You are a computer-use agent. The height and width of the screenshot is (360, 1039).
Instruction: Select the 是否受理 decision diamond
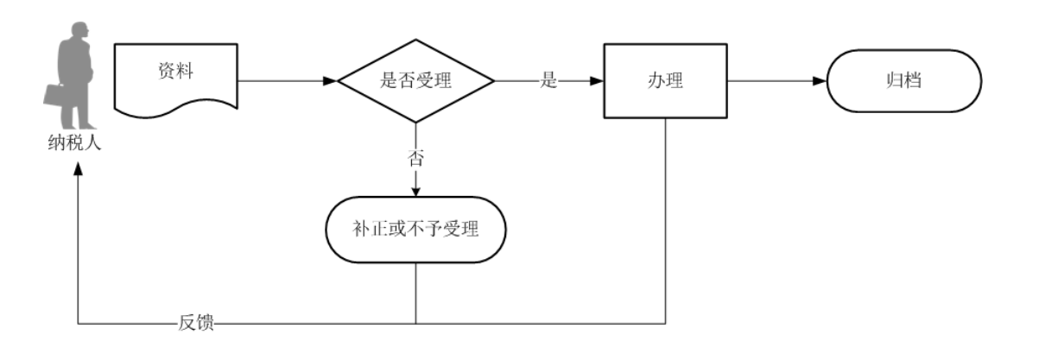[x=415, y=83]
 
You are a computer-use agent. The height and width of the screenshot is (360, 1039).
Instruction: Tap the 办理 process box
[x=666, y=83]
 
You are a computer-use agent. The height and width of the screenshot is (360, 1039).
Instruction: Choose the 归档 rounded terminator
[x=903, y=83]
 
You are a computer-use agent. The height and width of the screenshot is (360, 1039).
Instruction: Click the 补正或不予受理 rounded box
[x=415, y=232]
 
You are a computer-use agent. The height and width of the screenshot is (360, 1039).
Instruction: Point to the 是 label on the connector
[x=548, y=83]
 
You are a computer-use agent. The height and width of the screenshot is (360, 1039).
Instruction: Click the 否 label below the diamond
[x=415, y=158]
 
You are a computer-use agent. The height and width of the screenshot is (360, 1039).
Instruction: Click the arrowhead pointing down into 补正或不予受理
[x=415, y=191]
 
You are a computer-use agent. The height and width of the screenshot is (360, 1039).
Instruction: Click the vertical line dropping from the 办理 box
[x=666, y=216]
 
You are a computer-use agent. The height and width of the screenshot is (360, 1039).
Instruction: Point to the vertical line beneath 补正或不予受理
[x=415, y=294]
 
